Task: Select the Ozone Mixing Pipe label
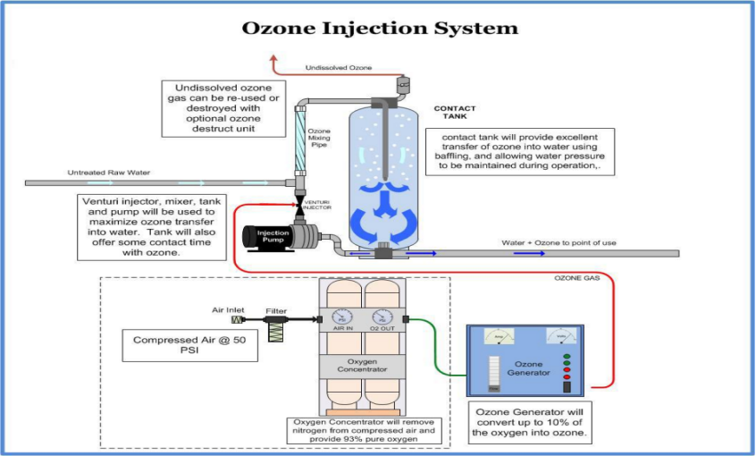320,141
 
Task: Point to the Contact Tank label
456,113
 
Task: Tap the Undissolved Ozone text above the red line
339,68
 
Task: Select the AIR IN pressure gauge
344,318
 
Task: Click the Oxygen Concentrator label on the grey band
364,366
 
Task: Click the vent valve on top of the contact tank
399,85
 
